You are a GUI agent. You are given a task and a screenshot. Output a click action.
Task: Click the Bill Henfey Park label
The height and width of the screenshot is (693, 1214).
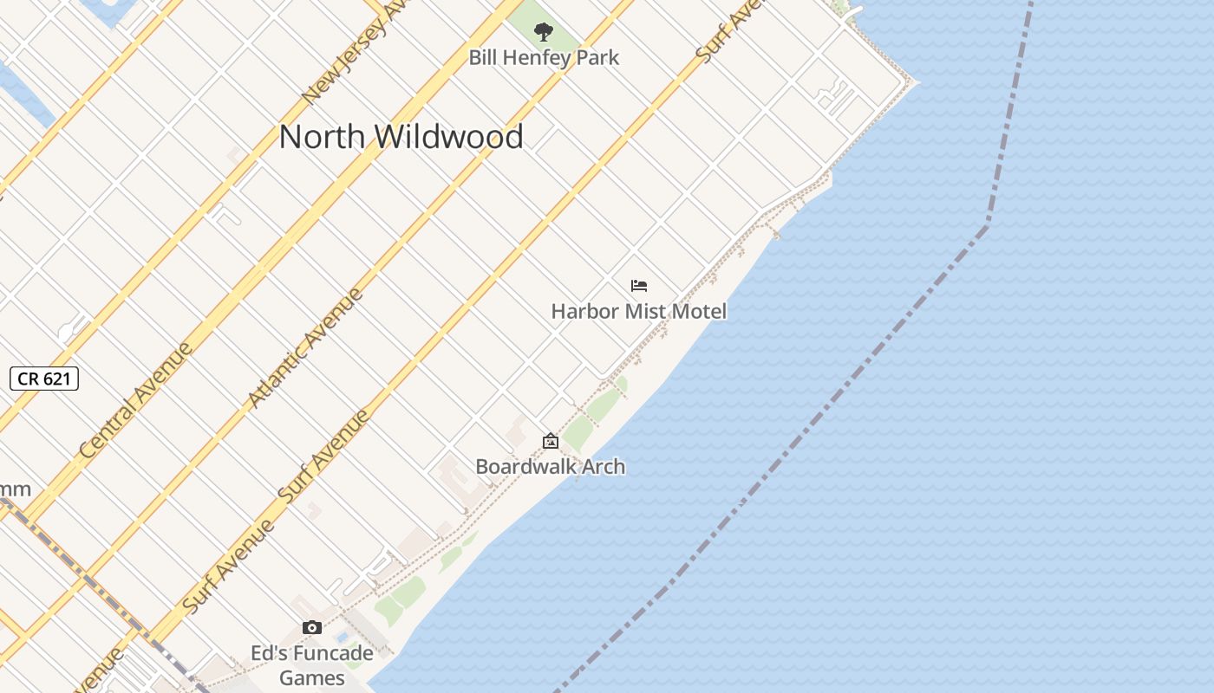pyautogui.click(x=544, y=58)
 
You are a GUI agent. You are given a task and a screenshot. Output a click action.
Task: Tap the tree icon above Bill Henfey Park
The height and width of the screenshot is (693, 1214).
pyautogui.click(x=544, y=33)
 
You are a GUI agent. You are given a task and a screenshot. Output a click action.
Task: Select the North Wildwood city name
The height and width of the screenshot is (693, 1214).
pyautogui.click(x=401, y=137)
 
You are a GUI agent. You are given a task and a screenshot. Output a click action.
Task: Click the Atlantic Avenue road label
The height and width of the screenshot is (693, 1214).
pyautogui.click(x=304, y=348)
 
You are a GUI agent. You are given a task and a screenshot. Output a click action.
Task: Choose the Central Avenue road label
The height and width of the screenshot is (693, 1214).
pyautogui.click(x=135, y=401)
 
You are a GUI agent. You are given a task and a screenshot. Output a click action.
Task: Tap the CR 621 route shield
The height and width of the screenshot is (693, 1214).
pyautogui.click(x=44, y=379)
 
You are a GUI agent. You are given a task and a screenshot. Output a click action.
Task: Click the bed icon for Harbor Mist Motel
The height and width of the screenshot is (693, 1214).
pyautogui.click(x=639, y=286)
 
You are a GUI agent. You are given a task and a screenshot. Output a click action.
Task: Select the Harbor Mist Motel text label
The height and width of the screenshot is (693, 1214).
pyautogui.click(x=639, y=311)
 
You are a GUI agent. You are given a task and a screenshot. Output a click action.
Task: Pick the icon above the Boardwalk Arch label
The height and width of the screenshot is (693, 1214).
pyautogui.click(x=550, y=442)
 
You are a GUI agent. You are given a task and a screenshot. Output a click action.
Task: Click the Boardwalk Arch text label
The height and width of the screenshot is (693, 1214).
pyautogui.click(x=550, y=466)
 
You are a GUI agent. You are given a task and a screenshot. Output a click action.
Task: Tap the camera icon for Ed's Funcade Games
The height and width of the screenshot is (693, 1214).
pyautogui.click(x=312, y=628)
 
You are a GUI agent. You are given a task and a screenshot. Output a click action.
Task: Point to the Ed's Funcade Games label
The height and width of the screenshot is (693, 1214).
pyautogui.click(x=312, y=664)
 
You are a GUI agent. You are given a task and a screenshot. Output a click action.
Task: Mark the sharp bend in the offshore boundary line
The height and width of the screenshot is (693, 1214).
pyautogui.click(x=987, y=225)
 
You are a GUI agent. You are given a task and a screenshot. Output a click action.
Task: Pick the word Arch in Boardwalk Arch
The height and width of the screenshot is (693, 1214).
pyautogui.click(x=604, y=466)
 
